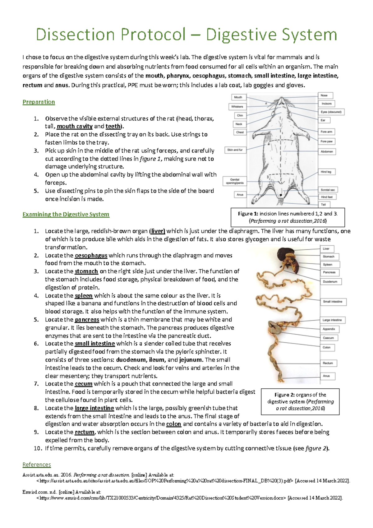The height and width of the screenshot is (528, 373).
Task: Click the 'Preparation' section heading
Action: [x=39, y=102]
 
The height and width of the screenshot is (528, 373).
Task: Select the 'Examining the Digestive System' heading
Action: [x=66, y=214]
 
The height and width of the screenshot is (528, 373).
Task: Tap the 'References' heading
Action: [x=37, y=465]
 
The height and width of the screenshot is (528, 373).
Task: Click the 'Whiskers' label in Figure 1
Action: [x=237, y=107]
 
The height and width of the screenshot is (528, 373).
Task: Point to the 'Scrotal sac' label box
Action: [x=328, y=190]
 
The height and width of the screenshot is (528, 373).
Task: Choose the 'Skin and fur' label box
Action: [x=235, y=150]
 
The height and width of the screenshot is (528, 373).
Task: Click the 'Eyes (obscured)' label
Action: [x=331, y=112]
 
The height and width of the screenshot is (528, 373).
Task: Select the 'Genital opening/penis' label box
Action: [x=235, y=181]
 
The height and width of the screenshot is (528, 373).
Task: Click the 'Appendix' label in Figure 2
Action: [x=329, y=329]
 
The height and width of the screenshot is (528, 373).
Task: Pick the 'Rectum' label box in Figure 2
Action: [x=328, y=363]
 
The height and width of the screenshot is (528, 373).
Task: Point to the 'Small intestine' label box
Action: [x=333, y=302]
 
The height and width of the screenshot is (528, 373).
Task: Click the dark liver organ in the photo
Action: [x=284, y=253]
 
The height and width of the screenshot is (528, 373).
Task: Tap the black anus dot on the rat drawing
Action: [x=281, y=195]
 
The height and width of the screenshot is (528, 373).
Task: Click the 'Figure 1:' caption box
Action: [x=288, y=217]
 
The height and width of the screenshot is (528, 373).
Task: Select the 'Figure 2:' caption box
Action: [x=300, y=401]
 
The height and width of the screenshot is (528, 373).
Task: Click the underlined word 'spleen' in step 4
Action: [x=84, y=296]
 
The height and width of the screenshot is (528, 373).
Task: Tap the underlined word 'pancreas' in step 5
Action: [x=87, y=320]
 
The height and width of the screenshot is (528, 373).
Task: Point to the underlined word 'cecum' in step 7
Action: [x=84, y=384]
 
